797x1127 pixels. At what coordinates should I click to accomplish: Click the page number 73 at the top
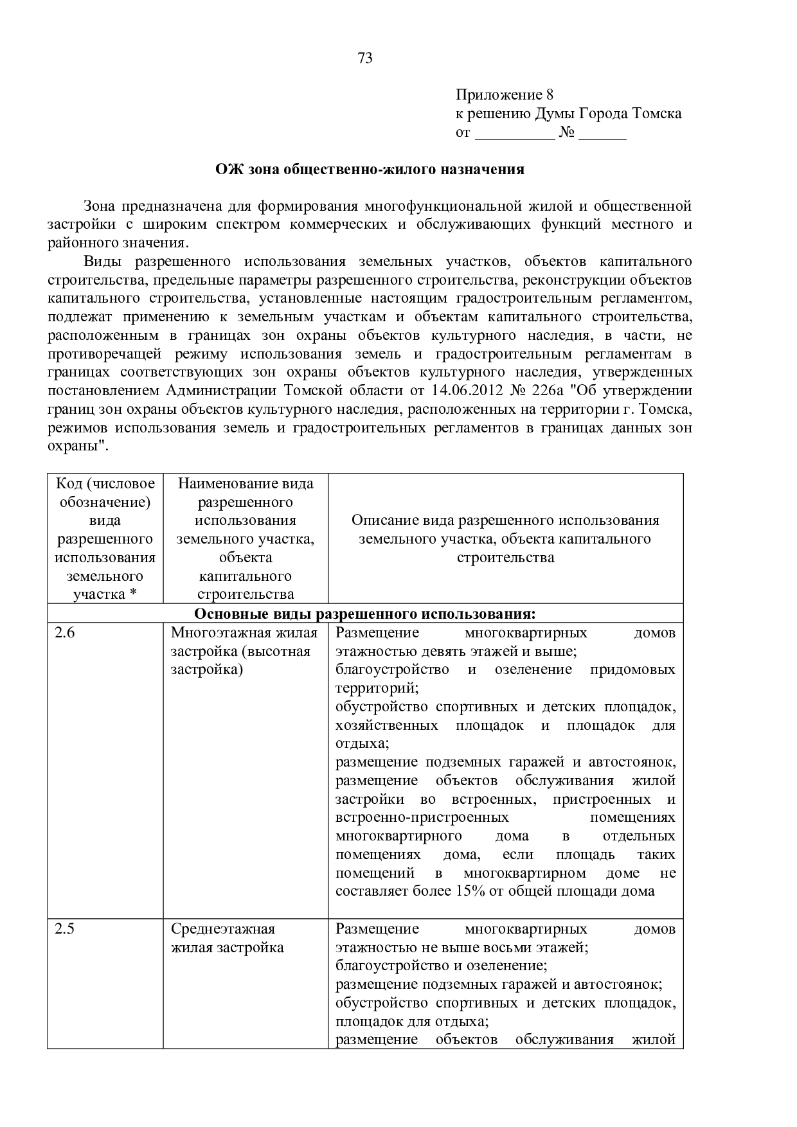[364, 58]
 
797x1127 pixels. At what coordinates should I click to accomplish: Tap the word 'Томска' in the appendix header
[657, 114]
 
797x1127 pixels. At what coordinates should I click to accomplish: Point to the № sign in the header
[566, 133]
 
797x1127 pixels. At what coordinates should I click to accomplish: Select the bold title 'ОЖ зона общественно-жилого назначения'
[370, 170]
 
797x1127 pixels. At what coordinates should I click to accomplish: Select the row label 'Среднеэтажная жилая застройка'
[227, 938]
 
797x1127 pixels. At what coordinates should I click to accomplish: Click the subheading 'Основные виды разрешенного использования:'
[364, 614]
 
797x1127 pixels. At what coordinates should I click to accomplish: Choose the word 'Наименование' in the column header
[246, 483]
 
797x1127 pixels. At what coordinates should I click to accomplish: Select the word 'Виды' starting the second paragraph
[102, 261]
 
